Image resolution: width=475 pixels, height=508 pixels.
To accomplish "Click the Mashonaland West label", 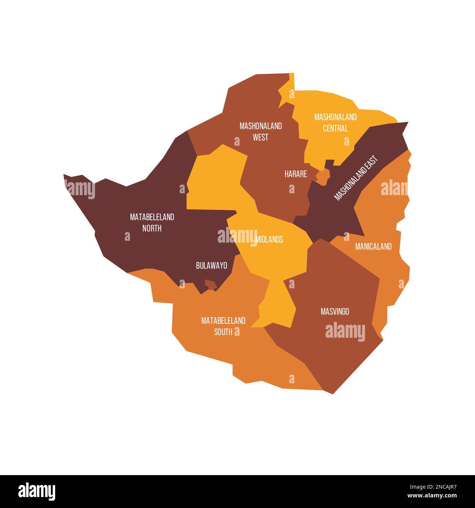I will pyautogui.click(x=261, y=132).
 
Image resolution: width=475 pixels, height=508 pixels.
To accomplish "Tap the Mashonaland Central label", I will pyautogui.click(x=335, y=122).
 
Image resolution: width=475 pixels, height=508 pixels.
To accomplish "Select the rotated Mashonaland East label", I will pyautogui.click(x=356, y=178).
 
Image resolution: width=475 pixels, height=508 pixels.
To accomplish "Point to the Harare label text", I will pyautogui.click(x=296, y=174).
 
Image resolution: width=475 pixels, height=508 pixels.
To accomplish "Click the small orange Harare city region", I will pyautogui.click(x=323, y=177).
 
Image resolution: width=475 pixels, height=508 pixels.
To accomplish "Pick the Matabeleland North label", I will pyautogui.click(x=152, y=222).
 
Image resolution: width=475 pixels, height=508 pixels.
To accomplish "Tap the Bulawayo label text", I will pyautogui.click(x=211, y=266).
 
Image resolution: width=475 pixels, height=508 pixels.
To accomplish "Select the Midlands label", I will pyautogui.click(x=269, y=239).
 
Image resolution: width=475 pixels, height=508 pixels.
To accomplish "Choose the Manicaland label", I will pyautogui.click(x=373, y=247).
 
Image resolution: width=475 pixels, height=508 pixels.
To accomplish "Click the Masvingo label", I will pyautogui.click(x=335, y=311).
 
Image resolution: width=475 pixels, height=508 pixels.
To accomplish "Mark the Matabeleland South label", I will pyautogui.click(x=223, y=326).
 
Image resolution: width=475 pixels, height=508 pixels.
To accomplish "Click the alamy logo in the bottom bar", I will pyautogui.click(x=37, y=491).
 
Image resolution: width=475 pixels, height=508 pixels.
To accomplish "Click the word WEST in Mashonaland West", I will pyautogui.click(x=261, y=137).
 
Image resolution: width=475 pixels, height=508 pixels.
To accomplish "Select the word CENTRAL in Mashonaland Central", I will pyautogui.click(x=335, y=128).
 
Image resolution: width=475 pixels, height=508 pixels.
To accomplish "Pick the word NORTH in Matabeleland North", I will pyautogui.click(x=152, y=228).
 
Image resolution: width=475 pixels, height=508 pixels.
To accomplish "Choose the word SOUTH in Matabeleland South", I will pyautogui.click(x=223, y=332).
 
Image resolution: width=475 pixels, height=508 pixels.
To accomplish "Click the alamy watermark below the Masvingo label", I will pyautogui.click(x=345, y=332).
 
